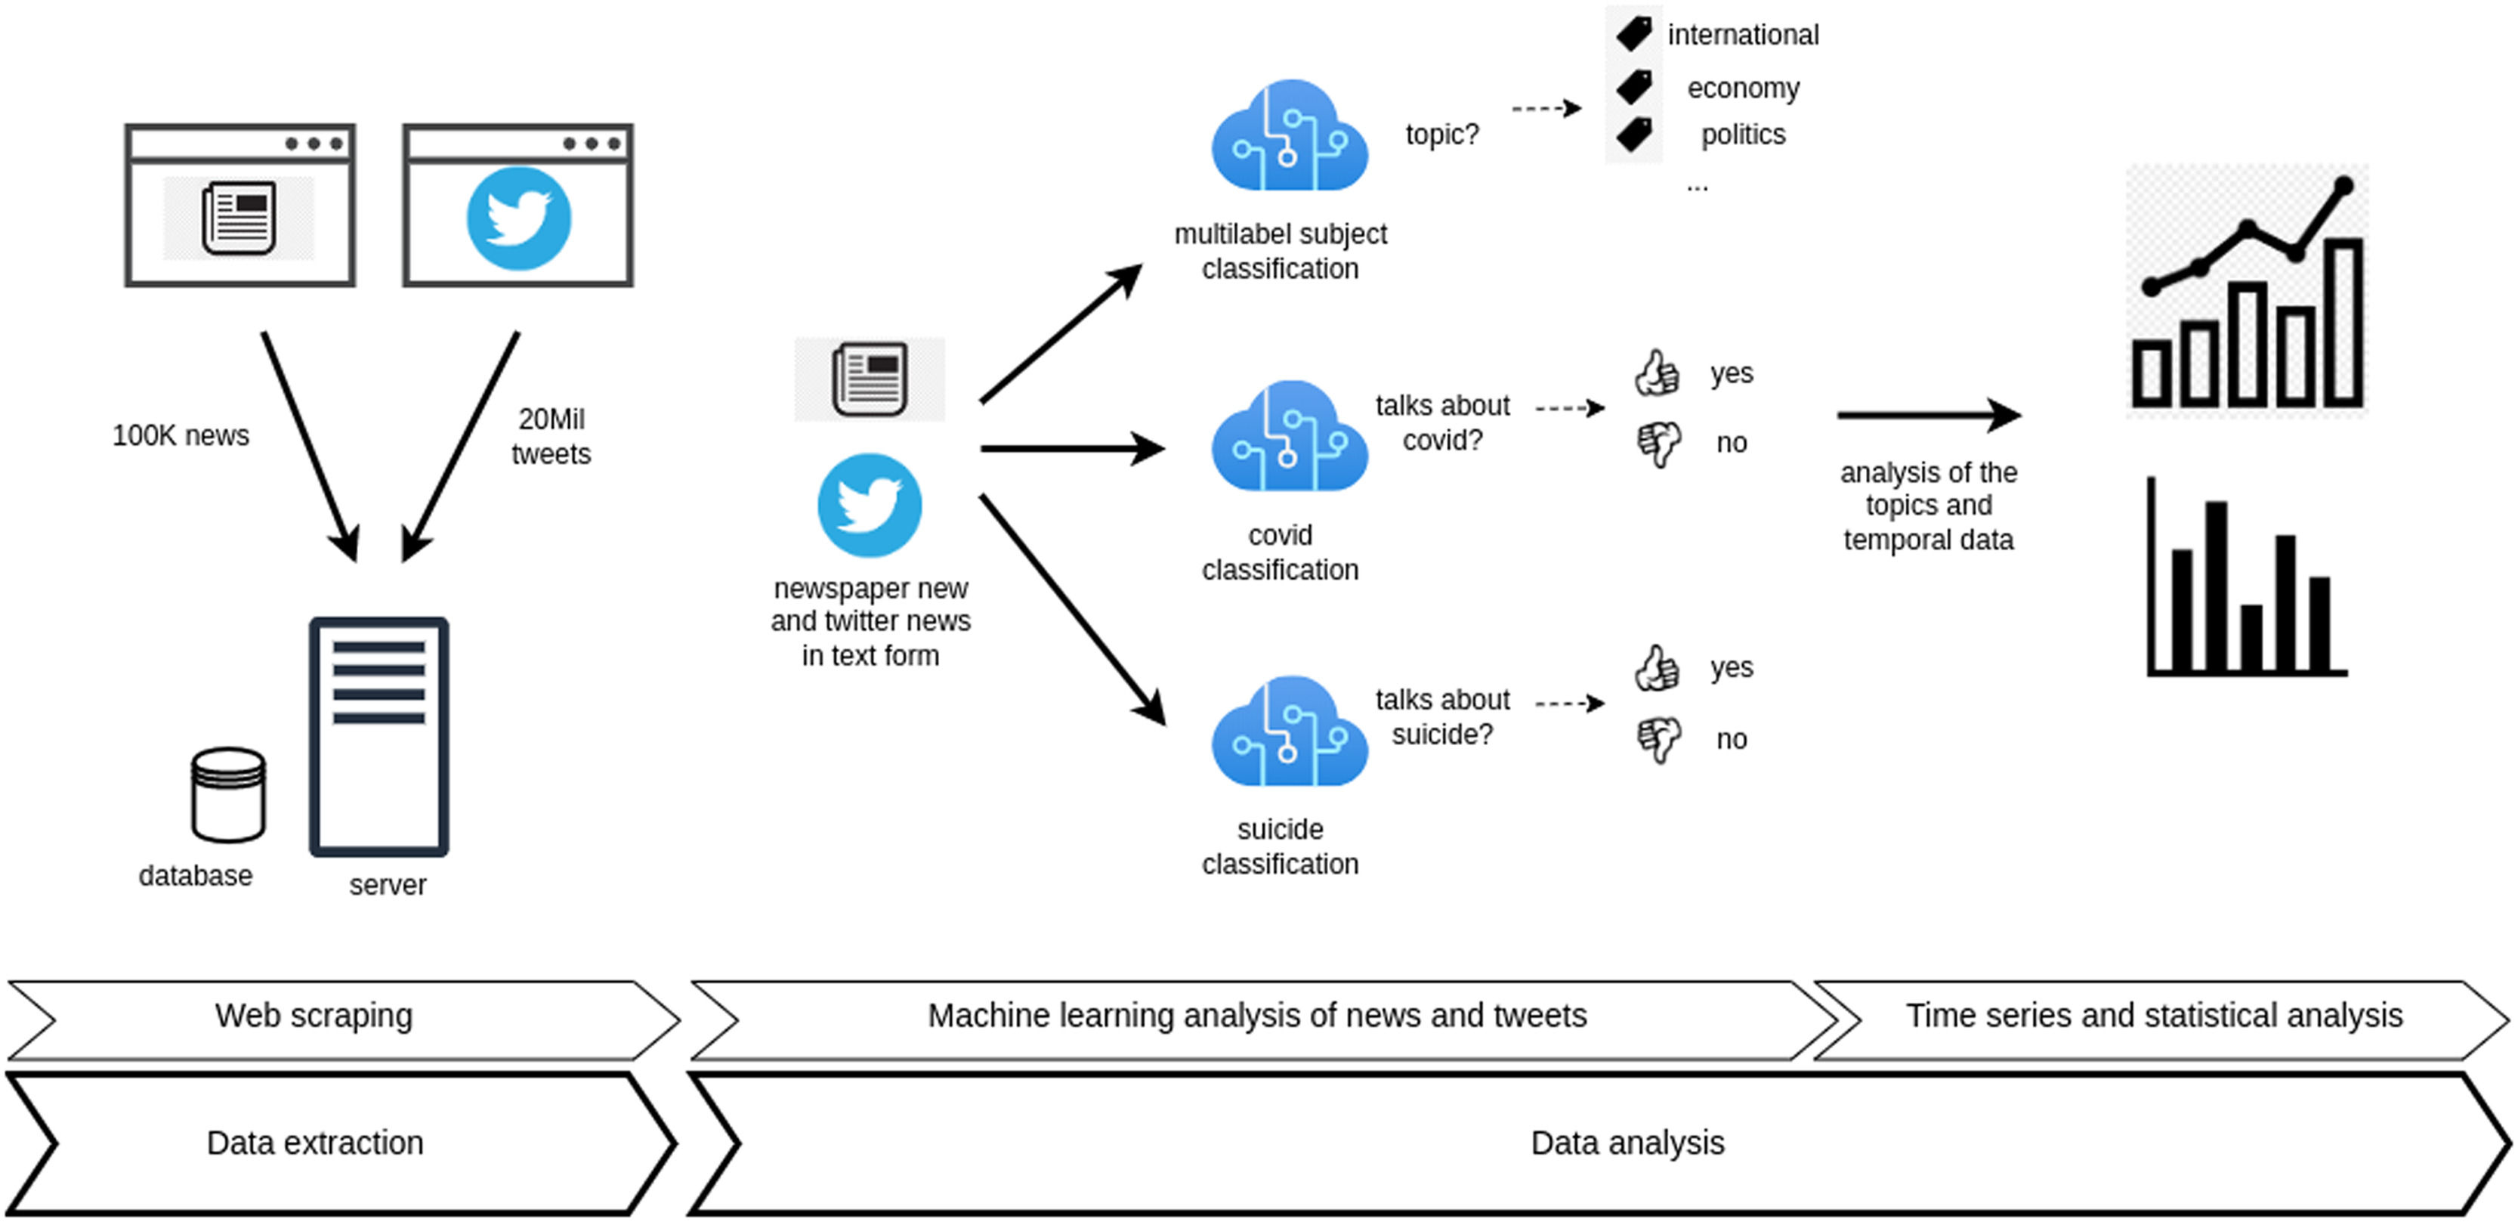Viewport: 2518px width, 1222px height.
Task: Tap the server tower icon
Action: [x=379, y=736]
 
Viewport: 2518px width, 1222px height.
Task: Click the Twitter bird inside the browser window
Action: [x=518, y=218]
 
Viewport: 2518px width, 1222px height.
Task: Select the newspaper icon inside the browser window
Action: [x=239, y=218]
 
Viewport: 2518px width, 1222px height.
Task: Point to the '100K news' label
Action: [x=181, y=435]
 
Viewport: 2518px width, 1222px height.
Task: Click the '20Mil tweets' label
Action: [x=551, y=436]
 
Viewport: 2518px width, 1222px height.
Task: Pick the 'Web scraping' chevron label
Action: [x=314, y=1016]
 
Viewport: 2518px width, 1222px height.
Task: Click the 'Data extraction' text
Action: [x=315, y=1143]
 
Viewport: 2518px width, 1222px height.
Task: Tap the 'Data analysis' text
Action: [x=1627, y=1143]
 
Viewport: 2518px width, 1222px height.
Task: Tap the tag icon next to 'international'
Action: [x=1633, y=33]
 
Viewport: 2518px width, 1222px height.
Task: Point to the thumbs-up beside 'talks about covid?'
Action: [x=1657, y=373]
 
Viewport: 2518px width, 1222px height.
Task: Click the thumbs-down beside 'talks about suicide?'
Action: [x=1659, y=739]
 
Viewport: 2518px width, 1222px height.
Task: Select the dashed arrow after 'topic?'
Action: [x=1546, y=107]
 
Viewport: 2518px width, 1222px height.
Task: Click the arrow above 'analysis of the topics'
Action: [x=1929, y=414]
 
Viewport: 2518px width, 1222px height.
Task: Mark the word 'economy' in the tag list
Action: [x=1743, y=88]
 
